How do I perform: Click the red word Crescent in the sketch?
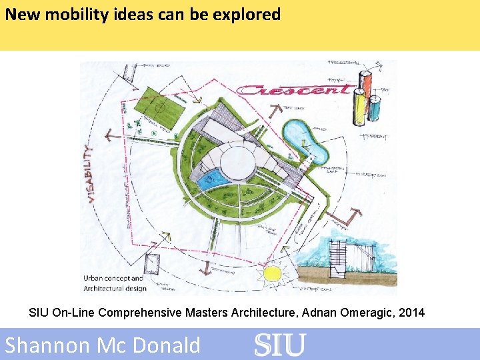point(293,89)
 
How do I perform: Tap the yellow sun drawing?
point(272,273)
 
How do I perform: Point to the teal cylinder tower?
point(375,108)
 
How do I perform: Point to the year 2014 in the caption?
point(412,312)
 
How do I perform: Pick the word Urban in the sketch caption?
point(94,278)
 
